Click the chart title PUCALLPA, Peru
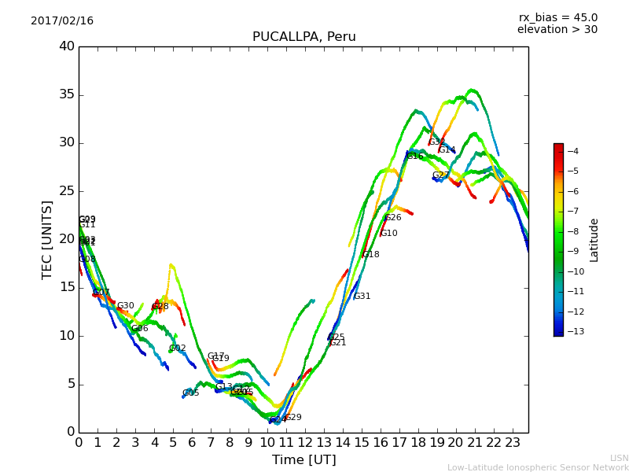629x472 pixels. pos(303,37)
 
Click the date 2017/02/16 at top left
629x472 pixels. pos(62,20)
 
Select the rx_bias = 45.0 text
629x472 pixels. pos(557,17)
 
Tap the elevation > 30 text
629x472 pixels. pos(557,30)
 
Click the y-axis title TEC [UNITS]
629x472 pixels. pos(47,239)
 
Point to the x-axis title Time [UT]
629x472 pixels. pos(303,459)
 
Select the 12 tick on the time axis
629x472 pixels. pos(305,443)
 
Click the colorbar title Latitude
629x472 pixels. pos(594,239)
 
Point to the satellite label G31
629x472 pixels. pos(362,297)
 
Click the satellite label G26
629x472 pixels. pos(393,218)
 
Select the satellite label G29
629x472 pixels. pos(293,418)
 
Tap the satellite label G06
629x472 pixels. pos(140,329)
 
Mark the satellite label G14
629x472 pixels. pos(447,150)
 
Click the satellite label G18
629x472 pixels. pos(371,255)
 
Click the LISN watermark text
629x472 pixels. pos(619,458)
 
